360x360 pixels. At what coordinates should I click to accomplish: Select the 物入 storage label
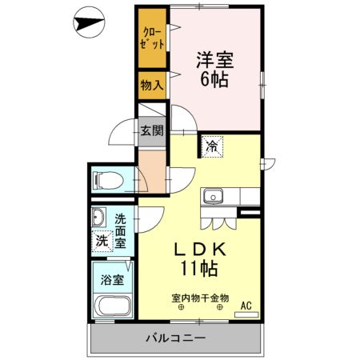coord(151,84)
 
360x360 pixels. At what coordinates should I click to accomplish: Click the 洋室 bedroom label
coord(216,58)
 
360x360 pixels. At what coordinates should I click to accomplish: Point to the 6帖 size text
coord(216,80)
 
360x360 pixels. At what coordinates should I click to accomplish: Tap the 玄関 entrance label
coord(150,130)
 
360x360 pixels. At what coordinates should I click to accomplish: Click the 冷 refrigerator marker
coord(212,146)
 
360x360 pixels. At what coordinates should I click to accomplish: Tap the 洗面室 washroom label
coord(121,230)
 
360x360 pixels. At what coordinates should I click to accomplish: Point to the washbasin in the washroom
coord(99,217)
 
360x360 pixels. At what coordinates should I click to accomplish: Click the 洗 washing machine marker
coord(102,240)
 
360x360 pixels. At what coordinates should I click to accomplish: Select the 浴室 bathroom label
coord(112,280)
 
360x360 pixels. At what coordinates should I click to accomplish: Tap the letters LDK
coord(203,250)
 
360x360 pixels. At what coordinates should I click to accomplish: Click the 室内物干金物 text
coord(200,298)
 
